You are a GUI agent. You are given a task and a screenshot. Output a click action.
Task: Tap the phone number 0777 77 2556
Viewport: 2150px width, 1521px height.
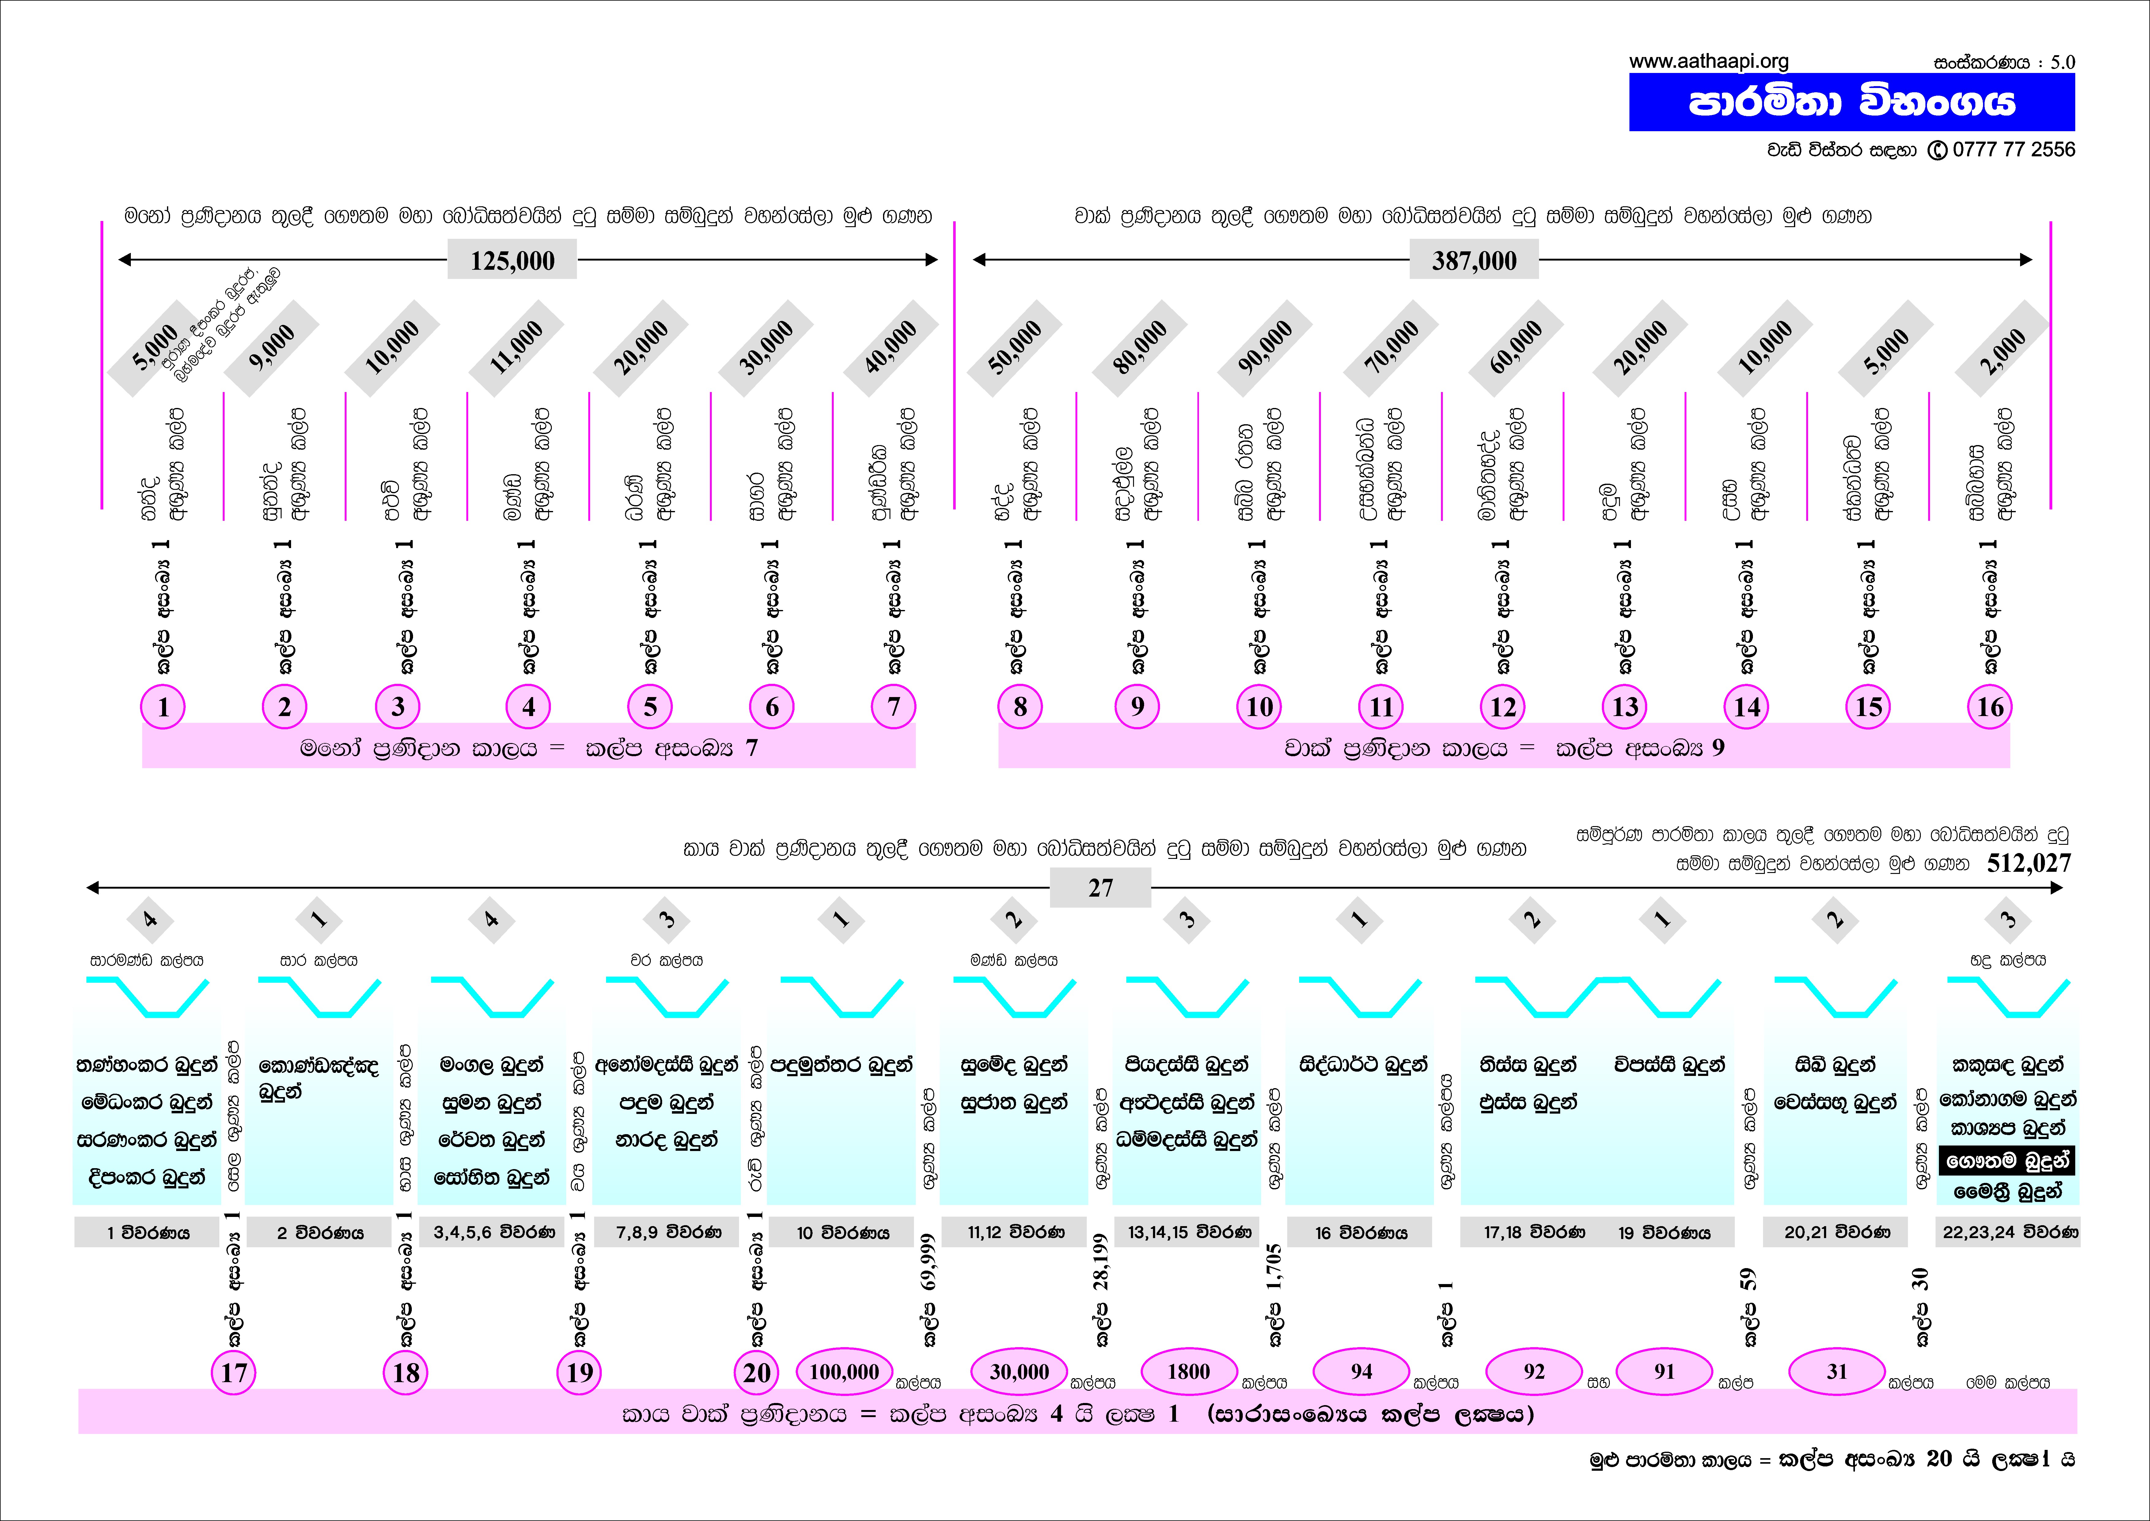pyautogui.click(x=2013, y=150)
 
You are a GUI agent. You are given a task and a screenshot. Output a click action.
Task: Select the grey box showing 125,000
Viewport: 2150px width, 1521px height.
pyautogui.click(x=512, y=260)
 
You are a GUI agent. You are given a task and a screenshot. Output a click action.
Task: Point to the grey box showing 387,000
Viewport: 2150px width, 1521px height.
pyautogui.click(x=1474, y=260)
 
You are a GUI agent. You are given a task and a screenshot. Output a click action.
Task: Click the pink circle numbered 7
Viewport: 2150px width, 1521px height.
pyautogui.click(x=893, y=707)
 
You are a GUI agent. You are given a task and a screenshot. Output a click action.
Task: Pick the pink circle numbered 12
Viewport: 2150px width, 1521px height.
pyautogui.click(x=1503, y=707)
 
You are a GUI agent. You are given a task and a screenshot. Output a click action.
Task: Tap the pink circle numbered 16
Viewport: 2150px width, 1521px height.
pyautogui.click(x=1990, y=707)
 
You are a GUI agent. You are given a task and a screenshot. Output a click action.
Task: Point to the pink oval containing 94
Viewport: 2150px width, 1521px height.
pyautogui.click(x=1362, y=1372)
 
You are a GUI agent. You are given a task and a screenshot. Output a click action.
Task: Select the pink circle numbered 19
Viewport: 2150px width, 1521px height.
pyautogui.click(x=580, y=1373)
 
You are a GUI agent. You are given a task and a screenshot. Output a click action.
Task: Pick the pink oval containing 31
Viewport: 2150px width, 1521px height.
pyautogui.click(x=1837, y=1372)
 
